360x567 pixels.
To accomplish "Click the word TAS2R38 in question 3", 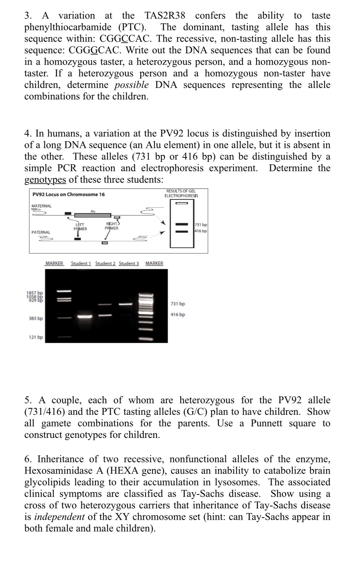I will click(x=165, y=15).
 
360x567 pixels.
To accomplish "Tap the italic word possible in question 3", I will click(x=131, y=85).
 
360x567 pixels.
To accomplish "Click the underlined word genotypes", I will click(x=45, y=180).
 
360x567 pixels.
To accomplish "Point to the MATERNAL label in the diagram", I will click(x=41, y=206).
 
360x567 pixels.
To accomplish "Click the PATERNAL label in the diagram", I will click(x=41, y=232).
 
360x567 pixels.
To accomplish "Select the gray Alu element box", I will click(x=93, y=215).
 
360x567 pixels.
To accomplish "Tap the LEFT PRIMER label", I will click(x=80, y=227).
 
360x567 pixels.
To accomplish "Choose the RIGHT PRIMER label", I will click(x=112, y=226).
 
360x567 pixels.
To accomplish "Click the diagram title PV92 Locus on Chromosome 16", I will click(x=69, y=194).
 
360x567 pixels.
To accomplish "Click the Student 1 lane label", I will click(x=81, y=263).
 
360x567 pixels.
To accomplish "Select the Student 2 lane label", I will click(x=105, y=263).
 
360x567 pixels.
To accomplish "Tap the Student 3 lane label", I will click(x=129, y=263).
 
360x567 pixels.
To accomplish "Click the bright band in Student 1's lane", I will click(x=85, y=317).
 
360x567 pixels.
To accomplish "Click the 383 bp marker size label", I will click(x=36, y=319).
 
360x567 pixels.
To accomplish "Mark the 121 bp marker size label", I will click(x=36, y=337).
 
